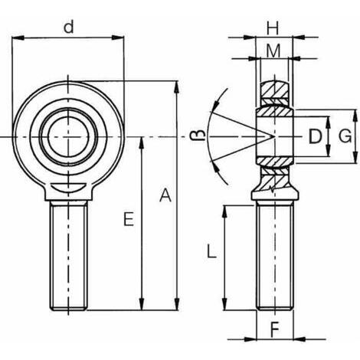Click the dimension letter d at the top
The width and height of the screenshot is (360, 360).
(68, 27)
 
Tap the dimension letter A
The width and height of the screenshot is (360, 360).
(165, 195)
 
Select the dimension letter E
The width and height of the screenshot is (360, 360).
(129, 219)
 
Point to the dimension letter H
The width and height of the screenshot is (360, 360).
(273, 28)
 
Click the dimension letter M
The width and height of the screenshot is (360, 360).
(273, 51)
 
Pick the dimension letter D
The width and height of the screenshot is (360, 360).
(315, 136)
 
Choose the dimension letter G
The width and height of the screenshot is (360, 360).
(345, 136)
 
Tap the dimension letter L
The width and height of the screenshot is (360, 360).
(211, 251)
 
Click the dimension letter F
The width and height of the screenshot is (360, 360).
(275, 329)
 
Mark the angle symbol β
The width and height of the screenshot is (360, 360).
(198, 136)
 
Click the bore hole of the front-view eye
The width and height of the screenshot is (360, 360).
(68, 137)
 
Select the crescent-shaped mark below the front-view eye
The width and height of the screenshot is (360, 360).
(68, 188)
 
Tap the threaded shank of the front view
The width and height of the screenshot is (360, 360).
(68, 255)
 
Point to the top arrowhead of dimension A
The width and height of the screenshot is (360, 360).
(177, 87)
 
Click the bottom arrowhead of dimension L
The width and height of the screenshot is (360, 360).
(224, 304)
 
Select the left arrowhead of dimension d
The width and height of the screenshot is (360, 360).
(18, 38)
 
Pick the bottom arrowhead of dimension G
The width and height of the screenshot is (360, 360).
(355, 157)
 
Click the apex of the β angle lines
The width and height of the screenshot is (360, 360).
(274, 136)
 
